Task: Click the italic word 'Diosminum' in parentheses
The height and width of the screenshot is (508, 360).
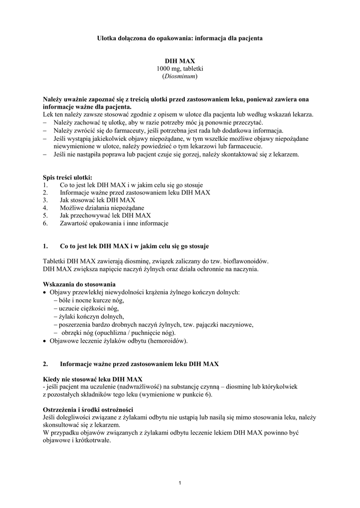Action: (x=180, y=76)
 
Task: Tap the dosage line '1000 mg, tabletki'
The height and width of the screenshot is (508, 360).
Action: (x=180, y=68)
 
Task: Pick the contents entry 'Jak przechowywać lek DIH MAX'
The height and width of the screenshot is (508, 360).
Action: (x=105, y=216)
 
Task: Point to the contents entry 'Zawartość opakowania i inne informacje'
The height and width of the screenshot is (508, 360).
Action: (x=114, y=224)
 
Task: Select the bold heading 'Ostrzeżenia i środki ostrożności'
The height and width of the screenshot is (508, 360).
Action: (x=88, y=409)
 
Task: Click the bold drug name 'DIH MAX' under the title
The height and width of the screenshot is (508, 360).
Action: (x=180, y=61)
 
